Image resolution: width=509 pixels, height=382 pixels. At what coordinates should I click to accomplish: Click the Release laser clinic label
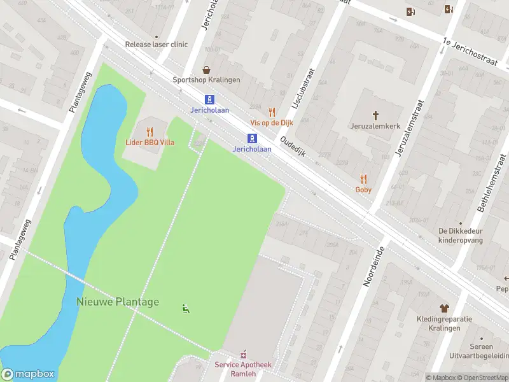pos(157,45)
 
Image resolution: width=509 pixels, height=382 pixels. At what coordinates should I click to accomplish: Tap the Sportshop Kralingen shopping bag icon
pos(207,69)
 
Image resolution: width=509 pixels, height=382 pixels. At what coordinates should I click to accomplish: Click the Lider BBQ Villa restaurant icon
pos(150,132)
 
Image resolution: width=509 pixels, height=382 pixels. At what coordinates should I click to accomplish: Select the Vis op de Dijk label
pos(272,122)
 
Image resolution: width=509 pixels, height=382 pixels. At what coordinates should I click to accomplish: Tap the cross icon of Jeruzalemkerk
pos(375,115)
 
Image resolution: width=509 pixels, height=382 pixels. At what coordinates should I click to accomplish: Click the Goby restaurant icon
pos(363,179)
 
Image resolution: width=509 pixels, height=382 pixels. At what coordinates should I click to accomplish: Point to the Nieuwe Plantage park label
pos(118,302)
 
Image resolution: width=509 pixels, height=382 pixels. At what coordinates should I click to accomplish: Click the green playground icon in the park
pos(185,309)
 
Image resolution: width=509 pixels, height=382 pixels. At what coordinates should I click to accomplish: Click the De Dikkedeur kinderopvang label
pos(461,236)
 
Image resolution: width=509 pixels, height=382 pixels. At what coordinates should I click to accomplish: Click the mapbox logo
pos(28,374)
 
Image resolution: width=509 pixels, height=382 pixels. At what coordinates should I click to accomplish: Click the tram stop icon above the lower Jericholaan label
pos(253,138)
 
